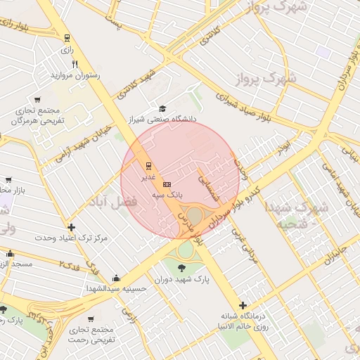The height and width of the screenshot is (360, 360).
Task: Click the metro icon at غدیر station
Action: [148, 166]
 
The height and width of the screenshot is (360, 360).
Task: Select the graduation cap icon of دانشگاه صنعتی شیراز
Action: [163, 108]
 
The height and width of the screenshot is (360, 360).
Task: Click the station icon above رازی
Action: [67, 38]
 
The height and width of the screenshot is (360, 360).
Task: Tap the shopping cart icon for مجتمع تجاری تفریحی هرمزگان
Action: [37, 99]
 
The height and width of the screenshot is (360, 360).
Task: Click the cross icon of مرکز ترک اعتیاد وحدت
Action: [71, 227]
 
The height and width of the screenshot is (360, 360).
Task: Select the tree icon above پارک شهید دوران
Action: [183, 267]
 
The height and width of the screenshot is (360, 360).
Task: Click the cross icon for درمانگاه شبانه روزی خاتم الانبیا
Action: [243, 305]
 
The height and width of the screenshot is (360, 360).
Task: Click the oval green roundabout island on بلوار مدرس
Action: [195, 214]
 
